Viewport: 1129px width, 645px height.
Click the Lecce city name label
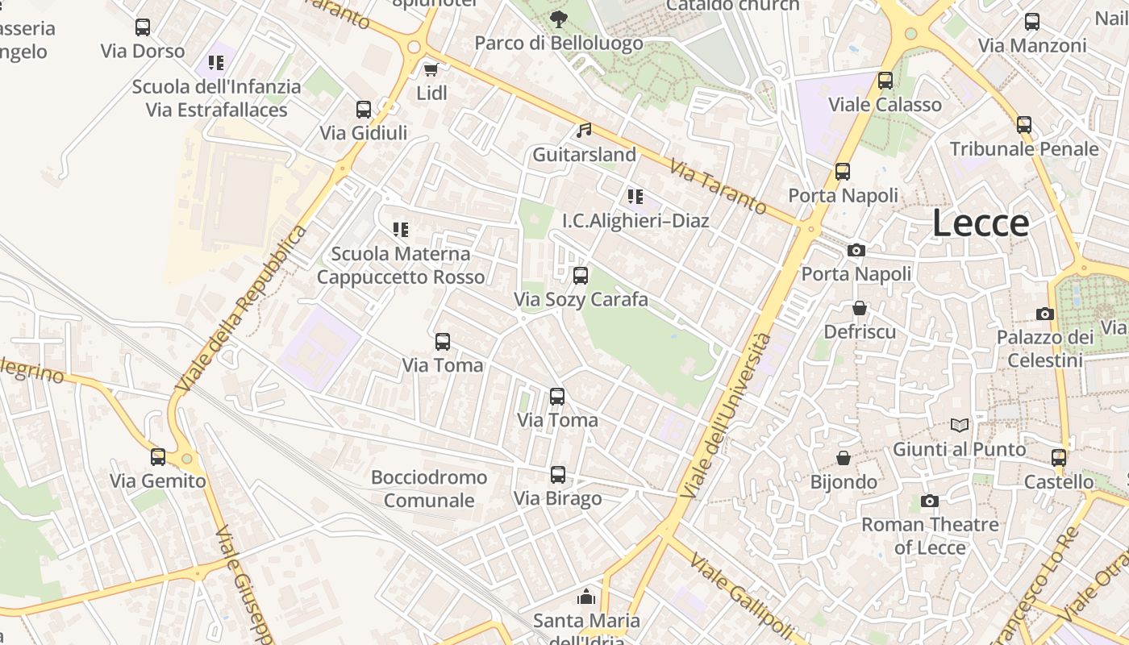[x=981, y=223]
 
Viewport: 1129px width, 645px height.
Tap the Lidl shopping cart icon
[x=431, y=69]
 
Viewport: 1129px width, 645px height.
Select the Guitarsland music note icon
[x=584, y=130]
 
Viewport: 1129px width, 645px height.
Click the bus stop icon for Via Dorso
[x=143, y=27]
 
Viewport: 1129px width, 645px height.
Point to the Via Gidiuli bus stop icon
[x=364, y=110]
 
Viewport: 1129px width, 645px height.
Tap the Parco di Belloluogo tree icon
[x=558, y=19]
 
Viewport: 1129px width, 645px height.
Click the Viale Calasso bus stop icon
[x=885, y=81]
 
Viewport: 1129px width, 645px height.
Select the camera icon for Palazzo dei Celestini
[x=1044, y=314]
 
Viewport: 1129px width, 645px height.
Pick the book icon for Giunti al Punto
[x=960, y=425]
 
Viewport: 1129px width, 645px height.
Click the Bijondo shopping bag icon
[x=844, y=458]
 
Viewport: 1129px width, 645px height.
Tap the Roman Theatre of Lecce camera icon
[x=929, y=501]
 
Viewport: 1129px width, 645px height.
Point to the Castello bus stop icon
[x=1059, y=458]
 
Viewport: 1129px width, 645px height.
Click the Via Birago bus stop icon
[x=558, y=475]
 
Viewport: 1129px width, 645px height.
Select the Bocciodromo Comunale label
[x=429, y=489]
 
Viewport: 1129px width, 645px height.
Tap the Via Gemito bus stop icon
[x=158, y=457]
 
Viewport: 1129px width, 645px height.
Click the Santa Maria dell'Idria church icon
[x=586, y=597]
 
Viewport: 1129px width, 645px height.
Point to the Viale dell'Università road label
[x=726, y=415]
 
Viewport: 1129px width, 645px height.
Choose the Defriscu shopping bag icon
[x=860, y=308]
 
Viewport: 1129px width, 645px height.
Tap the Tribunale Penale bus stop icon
[x=1024, y=125]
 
